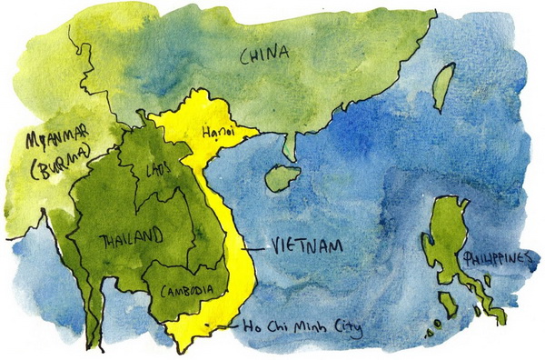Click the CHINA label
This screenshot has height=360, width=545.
[x=264, y=55]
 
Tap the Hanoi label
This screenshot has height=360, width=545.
[x=216, y=133]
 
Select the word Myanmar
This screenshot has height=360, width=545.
[x=49, y=140]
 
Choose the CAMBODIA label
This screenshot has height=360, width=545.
[x=186, y=291]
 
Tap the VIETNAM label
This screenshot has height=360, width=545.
[x=302, y=245]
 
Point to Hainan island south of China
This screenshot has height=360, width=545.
[x=282, y=177]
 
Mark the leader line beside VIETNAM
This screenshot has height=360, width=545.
[x=259, y=245]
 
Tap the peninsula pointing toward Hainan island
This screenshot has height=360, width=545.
[x=288, y=145]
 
